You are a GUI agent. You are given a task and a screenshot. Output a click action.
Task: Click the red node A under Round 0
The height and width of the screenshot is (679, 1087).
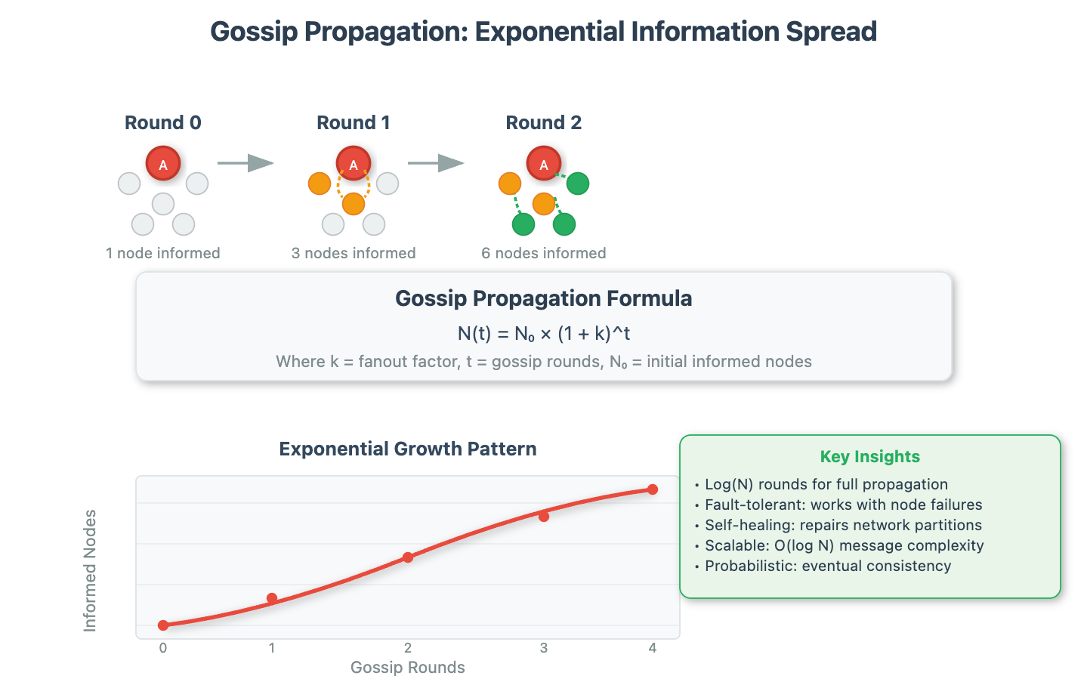click(x=163, y=164)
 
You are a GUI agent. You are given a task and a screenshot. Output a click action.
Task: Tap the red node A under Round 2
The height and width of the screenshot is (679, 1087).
click(x=544, y=164)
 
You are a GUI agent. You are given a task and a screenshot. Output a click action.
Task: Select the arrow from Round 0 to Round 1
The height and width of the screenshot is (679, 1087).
click(x=246, y=163)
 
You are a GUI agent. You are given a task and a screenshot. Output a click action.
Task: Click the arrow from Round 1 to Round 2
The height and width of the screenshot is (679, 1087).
click(x=436, y=163)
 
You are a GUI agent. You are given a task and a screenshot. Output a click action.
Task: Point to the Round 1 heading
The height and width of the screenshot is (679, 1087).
click(x=354, y=123)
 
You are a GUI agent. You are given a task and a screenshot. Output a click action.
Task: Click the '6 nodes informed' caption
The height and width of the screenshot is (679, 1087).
click(x=544, y=254)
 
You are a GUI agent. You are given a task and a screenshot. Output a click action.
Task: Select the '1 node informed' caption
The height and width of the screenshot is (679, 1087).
click(x=163, y=254)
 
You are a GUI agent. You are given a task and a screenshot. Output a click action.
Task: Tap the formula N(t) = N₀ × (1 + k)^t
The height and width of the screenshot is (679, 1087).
click(x=544, y=334)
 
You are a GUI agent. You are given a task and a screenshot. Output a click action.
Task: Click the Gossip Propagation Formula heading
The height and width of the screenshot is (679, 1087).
click(x=544, y=299)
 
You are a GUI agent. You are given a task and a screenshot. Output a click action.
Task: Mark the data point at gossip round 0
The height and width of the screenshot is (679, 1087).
click(x=163, y=625)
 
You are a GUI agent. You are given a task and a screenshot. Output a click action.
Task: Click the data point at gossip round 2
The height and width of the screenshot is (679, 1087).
click(x=408, y=557)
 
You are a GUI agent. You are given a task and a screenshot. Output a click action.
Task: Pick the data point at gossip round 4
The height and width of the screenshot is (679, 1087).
click(x=653, y=489)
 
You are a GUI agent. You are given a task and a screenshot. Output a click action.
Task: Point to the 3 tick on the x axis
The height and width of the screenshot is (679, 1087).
click(x=544, y=648)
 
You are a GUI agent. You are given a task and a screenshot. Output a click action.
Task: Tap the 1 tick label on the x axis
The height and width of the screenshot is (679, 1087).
click(x=272, y=648)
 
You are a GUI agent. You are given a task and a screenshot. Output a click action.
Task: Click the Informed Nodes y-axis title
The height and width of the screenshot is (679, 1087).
click(x=90, y=570)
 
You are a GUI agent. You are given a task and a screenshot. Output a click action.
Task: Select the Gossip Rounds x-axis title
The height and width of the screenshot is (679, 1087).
click(x=408, y=668)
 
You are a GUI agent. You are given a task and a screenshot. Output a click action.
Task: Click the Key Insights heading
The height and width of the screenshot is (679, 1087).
click(x=870, y=457)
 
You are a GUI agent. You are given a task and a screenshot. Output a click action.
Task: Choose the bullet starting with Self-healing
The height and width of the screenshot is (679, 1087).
click(x=843, y=526)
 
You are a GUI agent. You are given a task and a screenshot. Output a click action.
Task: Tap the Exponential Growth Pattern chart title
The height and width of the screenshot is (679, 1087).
click(x=408, y=449)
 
